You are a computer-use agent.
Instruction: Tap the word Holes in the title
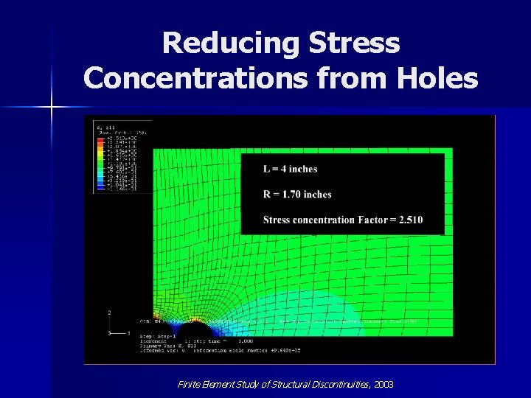click(x=437, y=76)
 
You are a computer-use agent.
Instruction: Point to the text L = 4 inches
click(x=290, y=169)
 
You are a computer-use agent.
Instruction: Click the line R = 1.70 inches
click(x=297, y=195)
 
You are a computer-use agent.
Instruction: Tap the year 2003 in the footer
click(x=383, y=385)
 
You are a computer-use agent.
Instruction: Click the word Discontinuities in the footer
click(x=331, y=385)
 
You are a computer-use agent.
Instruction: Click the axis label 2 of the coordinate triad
click(x=110, y=313)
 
